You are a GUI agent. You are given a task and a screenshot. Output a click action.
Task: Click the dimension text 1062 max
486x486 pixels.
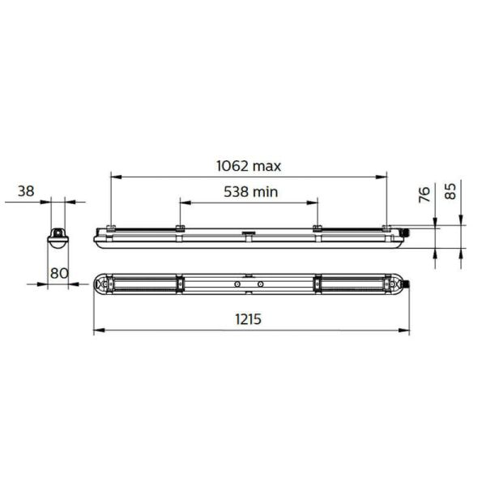pos(249,166)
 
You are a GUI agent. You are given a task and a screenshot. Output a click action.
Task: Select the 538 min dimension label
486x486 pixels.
pos(249,192)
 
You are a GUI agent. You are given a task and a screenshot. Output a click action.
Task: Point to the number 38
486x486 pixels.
pos(26,191)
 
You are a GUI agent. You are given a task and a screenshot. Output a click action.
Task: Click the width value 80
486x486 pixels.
pos(58,273)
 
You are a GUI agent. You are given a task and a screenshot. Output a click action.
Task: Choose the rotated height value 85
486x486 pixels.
pos(451,190)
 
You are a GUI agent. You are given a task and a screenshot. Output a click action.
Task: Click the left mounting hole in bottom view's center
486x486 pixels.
pos(237,284)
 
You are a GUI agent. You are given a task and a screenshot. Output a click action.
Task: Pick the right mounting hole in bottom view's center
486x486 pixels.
pos(260,284)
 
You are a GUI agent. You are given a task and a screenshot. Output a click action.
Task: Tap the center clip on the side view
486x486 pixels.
pos(249,237)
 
